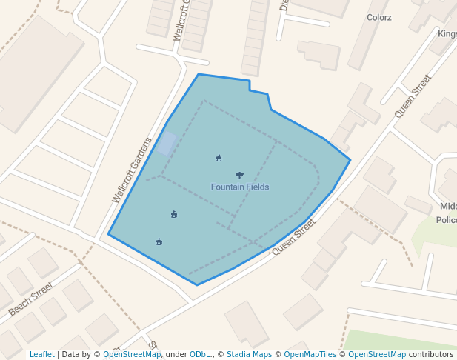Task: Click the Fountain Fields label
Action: (x=239, y=187)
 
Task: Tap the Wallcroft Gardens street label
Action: (x=132, y=170)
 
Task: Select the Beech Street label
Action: (x=31, y=299)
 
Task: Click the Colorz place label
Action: (x=379, y=17)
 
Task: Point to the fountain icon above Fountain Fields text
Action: (x=239, y=176)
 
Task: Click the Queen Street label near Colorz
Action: (x=413, y=96)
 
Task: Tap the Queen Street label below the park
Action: (x=293, y=236)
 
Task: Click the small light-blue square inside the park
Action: (x=167, y=143)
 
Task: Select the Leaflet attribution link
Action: (x=41, y=354)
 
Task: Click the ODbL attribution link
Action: (x=201, y=354)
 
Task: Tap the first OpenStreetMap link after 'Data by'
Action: (x=132, y=354)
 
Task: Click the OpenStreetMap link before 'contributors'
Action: (x=377, y=354)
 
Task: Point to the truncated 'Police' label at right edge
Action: (x=447, y=220)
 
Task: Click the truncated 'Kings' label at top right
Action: (x=447, y=33)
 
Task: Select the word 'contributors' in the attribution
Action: (x=431, y=354)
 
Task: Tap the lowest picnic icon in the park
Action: (x=159, y=241)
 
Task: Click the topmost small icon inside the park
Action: (x=219, y=158)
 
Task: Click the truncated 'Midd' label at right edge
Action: (x=448, y=206)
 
